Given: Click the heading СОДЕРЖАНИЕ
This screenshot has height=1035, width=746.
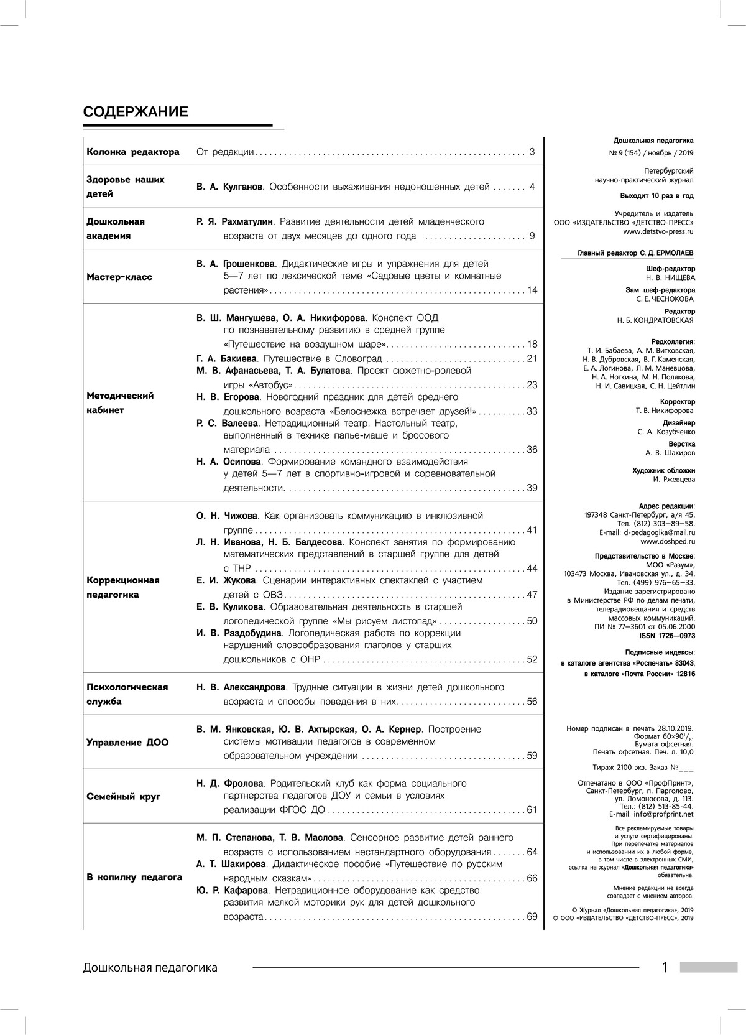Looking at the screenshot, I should [x=136, y=113].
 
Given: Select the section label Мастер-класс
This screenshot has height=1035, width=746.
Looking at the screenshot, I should [x=119, y=277].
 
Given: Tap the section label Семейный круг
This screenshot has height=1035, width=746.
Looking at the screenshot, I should [x=124, y=796].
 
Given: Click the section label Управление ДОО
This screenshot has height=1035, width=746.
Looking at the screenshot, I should [x=127, y=742].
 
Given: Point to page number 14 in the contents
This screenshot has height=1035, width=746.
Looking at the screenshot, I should [x=532, y=290].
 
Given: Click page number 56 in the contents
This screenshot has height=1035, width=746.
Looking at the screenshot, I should [x=532, y=702].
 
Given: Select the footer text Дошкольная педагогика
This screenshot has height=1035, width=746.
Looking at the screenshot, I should [x=150, y=968].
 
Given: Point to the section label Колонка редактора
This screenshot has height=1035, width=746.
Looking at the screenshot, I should [x=133, y=152].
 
